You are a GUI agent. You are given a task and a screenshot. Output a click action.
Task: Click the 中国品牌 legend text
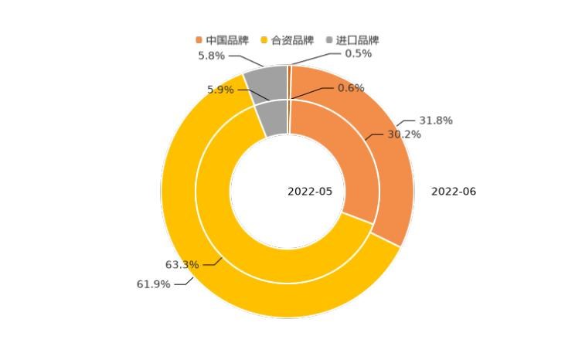pyautogui.click(x=227, y=40)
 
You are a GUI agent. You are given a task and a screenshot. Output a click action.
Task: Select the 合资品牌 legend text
pyautogui.click(x=293, y=40)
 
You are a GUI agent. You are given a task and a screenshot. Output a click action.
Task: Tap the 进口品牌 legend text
pyautogui.click(x=358, y=40)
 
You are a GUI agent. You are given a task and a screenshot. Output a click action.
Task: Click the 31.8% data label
pyautogui.click(x=436, y=121)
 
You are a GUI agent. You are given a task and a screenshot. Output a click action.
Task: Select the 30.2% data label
pyautogui.click(x=403, y=134)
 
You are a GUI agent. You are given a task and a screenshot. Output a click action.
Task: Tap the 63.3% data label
pyautogui.click(x=182, y=265)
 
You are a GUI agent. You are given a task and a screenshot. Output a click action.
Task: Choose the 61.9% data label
pyautogui.click(x=153, y=284)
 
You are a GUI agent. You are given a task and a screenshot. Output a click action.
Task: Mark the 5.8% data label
pyautogui.click(x=211, y=56)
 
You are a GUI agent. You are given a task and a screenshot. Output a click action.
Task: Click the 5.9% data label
pyautogui.click(x=220, y=90)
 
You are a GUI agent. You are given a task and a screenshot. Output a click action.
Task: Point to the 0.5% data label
pyautogui.click(x=358, y=53)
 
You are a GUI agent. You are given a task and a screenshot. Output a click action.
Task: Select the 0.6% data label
pyautogui.click(x=351, y=88)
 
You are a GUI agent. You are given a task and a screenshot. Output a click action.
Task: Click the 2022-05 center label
pyautogui.click(x=310, y=192)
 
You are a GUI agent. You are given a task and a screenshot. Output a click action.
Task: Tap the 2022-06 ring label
pyautogui.click(x=454, y=192)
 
